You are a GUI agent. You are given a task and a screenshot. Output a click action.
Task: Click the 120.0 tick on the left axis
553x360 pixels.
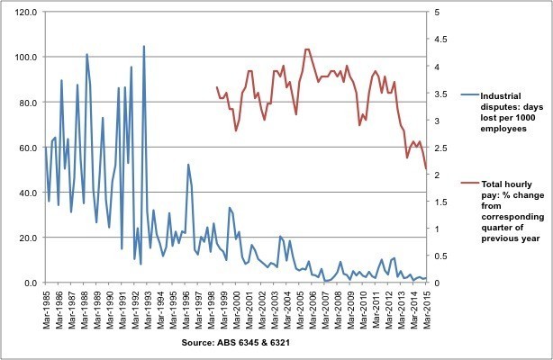(23, 13)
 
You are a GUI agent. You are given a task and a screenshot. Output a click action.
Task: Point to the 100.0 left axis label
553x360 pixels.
(23, 58)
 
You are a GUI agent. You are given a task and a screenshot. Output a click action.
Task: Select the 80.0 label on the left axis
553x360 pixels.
(25, 103)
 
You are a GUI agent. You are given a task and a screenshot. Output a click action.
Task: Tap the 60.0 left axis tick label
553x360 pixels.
(25, 148)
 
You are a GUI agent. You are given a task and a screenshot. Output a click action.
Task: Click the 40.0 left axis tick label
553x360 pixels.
(25, 193)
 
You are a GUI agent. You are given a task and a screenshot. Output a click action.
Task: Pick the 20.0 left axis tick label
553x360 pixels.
(25, 238)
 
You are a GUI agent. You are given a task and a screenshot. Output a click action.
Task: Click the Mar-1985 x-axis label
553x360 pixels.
(45, 306)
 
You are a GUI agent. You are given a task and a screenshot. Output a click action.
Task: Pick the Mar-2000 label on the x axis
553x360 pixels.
(235, 306)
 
